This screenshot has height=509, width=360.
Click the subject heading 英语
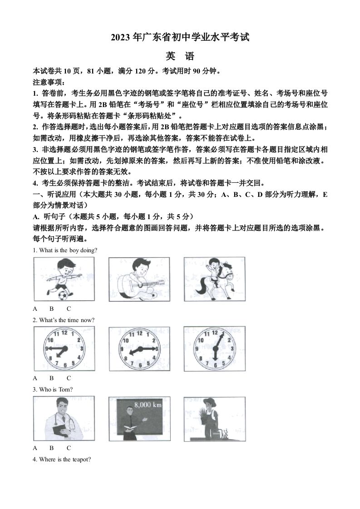click(180, 57)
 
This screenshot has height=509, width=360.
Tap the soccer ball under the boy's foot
click(62, 295)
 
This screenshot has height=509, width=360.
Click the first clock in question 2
click(64, 348)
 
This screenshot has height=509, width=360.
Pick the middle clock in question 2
click(139, 348)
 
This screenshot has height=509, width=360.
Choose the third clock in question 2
click(214, 348)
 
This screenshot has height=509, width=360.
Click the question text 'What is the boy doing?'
click(65, 250)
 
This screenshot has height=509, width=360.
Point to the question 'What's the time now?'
click(64, 320)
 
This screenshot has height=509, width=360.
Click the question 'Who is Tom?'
click(53, 389)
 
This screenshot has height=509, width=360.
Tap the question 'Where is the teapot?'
click(62, 459)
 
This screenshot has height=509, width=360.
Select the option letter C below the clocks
click(69, 378)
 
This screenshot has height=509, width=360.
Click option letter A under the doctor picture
click(35, 447)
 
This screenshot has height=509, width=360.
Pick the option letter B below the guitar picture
click(52, 308)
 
